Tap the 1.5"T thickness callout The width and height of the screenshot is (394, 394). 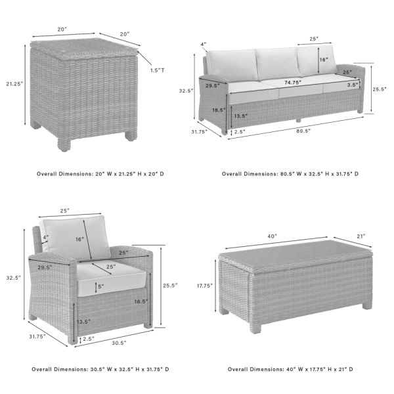157,70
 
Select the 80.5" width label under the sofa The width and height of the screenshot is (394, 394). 303,131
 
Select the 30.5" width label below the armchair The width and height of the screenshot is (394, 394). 118,342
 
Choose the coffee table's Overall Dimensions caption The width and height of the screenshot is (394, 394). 290,369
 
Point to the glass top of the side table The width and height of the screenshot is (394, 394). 83,46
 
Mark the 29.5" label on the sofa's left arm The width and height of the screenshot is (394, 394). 212,85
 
